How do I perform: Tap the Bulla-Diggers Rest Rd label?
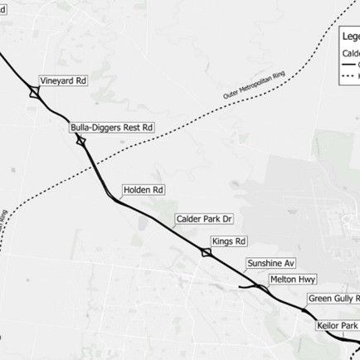point(112,129)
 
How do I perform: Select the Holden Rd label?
point(144,190)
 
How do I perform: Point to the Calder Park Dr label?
point(207,220)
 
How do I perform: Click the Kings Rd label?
point(230,241)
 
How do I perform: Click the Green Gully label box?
point(333,298)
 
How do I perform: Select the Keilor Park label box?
point(338,327)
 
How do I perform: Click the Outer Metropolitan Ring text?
point(260,85)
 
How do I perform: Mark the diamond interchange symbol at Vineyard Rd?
point(33,93)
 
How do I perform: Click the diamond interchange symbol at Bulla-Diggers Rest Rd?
point(80,141)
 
